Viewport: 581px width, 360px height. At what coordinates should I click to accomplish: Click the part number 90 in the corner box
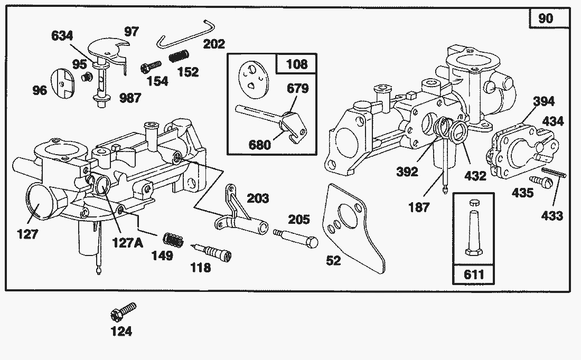(x=546, y=18)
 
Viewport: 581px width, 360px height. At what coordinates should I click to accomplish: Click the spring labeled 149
(x=174, y=240)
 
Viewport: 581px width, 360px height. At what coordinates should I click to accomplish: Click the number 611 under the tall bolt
(x=474, y=275)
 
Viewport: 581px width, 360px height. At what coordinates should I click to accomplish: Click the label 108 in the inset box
(x=296, y=64)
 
